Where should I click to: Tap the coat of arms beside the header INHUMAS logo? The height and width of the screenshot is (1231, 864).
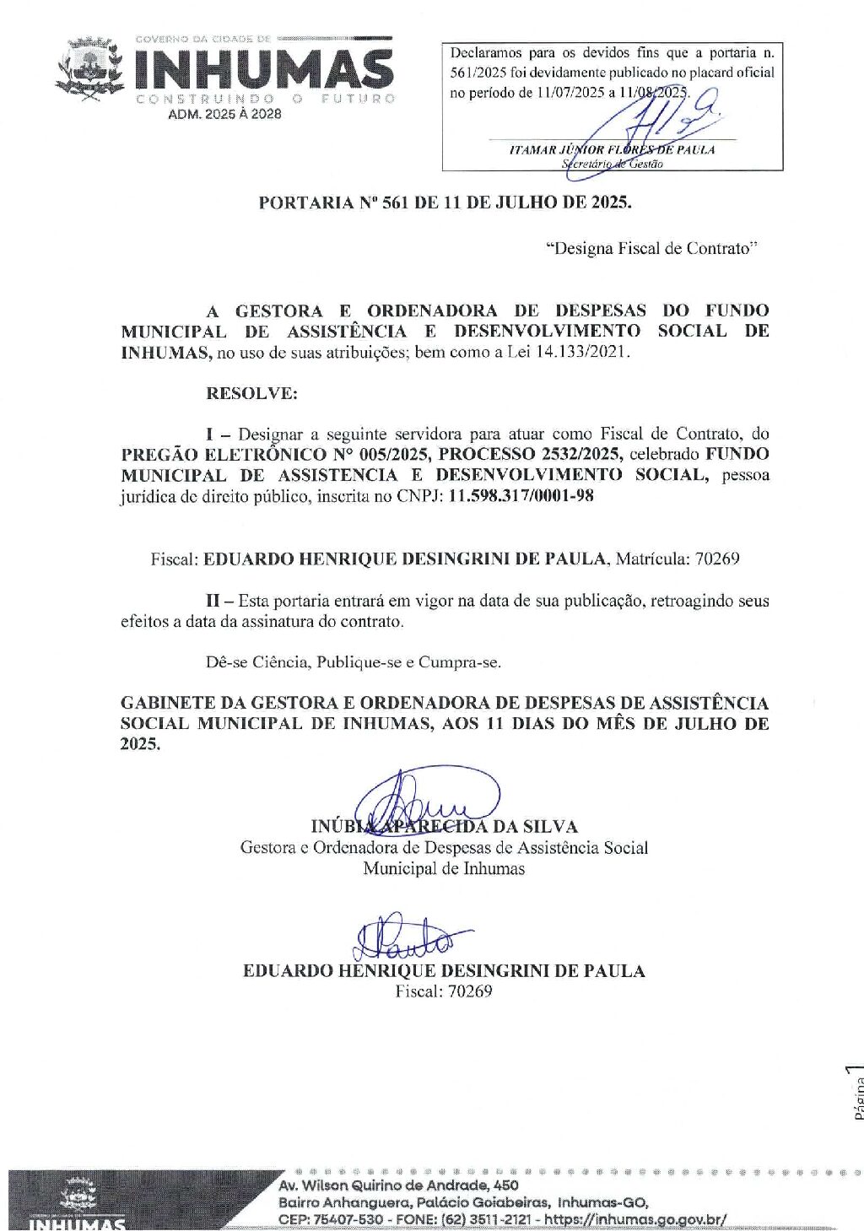(x=89, y=68)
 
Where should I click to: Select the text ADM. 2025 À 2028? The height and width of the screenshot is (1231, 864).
(x=224, y=114)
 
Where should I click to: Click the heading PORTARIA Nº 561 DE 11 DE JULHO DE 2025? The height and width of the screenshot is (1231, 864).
(x=445, y=202)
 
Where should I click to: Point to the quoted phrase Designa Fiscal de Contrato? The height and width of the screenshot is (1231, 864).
(x=652, y=248)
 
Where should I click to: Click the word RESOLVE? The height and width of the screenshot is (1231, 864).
(x=251, y=393)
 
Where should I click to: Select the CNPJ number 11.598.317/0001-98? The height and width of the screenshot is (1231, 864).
(x=521, y=496)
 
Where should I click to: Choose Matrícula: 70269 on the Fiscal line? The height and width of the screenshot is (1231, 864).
(x=678, y=559)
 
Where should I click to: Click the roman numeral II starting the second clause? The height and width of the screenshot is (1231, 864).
(x=213, y=601)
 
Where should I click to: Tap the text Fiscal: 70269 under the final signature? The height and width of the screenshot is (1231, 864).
(x=444, y=991)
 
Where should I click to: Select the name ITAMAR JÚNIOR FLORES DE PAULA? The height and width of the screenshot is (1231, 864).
(x=612, y=150)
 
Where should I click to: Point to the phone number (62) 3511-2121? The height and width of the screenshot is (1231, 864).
(x=489, y=1219)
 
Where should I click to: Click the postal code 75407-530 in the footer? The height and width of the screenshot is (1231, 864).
(x=337, y=1219)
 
